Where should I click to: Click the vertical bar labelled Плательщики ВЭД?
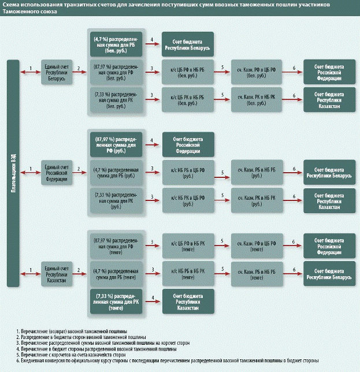[x=11, y=173]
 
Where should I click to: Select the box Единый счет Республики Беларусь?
[x=57, y=72]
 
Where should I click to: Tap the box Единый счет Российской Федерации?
[x=57, y=173]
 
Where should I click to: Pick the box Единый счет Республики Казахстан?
[x=57, y=273]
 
